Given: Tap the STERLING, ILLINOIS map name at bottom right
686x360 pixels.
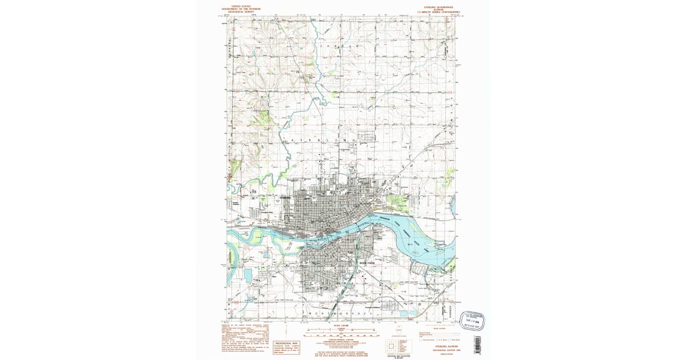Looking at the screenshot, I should (x=440, y=346).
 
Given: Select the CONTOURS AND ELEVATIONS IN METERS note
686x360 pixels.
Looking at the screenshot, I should (x=399, y=356).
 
